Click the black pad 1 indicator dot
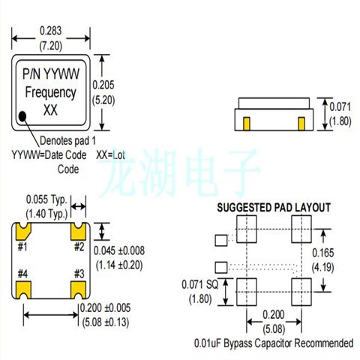(23, 115)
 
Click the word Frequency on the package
(51, 93)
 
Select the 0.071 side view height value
(340, 106)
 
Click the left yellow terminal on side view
(247, 120)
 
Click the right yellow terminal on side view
(301, 120)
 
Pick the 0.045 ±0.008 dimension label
(123, 250)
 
